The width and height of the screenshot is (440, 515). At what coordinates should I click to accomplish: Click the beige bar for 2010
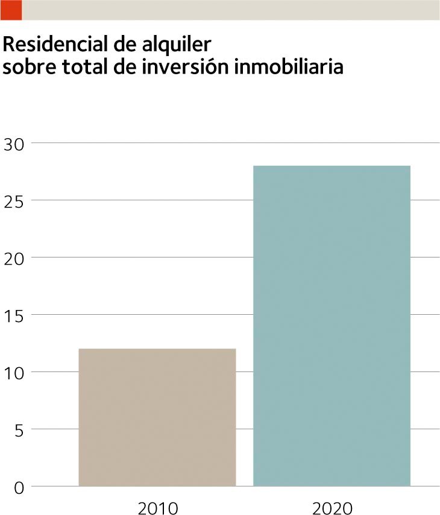157,417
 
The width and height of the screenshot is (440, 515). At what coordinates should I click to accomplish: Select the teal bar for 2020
332,326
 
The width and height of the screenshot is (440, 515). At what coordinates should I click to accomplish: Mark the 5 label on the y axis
18,430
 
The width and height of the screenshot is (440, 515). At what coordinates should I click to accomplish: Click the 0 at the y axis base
18,487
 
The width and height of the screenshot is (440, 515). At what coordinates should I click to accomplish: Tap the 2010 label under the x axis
158,508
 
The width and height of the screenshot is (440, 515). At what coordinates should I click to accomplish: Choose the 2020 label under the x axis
332,508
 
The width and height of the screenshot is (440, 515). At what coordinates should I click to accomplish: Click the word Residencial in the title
52,45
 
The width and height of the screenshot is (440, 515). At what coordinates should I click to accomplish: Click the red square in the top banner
11,10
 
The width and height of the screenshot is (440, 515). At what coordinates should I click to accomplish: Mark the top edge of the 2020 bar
332,166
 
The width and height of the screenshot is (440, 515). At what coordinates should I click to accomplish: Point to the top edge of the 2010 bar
157,349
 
